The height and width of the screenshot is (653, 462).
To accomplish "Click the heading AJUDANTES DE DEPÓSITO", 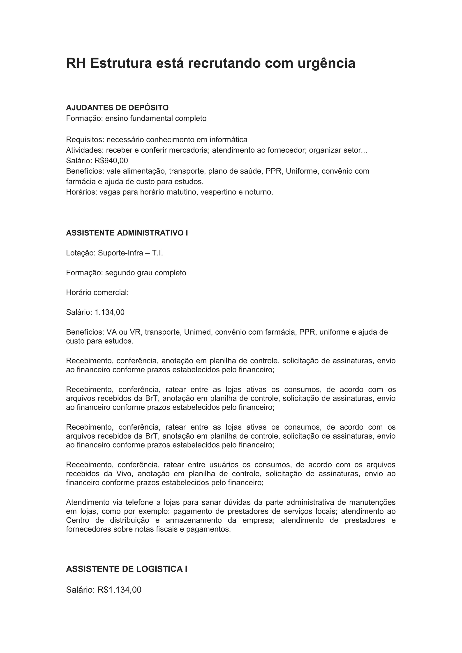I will click(117, 108).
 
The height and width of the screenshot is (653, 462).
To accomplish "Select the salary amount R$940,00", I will click(111, 161).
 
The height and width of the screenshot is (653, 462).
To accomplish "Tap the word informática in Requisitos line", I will click(228, 140).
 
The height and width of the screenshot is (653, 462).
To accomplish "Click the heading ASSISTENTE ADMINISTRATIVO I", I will click(127, 233).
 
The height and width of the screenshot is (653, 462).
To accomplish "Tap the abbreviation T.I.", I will click(157, 253).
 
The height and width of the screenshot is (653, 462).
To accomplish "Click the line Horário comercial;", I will click(97, 292).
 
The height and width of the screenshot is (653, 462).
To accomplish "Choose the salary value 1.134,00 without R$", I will click(110, 312).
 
